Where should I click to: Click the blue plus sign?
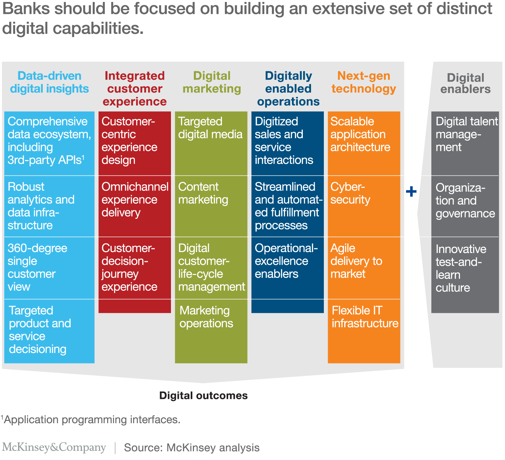411,191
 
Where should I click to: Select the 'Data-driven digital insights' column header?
49,82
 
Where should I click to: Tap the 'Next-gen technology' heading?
364,82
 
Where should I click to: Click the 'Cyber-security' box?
364,206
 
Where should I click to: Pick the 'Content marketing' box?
211,206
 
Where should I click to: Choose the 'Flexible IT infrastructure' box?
364,331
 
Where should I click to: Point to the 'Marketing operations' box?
211,331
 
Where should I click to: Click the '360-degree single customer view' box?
49,268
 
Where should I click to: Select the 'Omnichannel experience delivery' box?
135,206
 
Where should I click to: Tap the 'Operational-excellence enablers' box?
287,268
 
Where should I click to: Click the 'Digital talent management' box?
465,143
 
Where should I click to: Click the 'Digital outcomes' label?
204,395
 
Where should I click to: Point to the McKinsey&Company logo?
54,447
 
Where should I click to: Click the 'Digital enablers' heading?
465,83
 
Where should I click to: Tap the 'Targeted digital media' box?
211,143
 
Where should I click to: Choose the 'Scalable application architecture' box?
364,143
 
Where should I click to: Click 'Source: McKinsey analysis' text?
192,448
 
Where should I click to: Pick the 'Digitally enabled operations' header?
288,88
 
